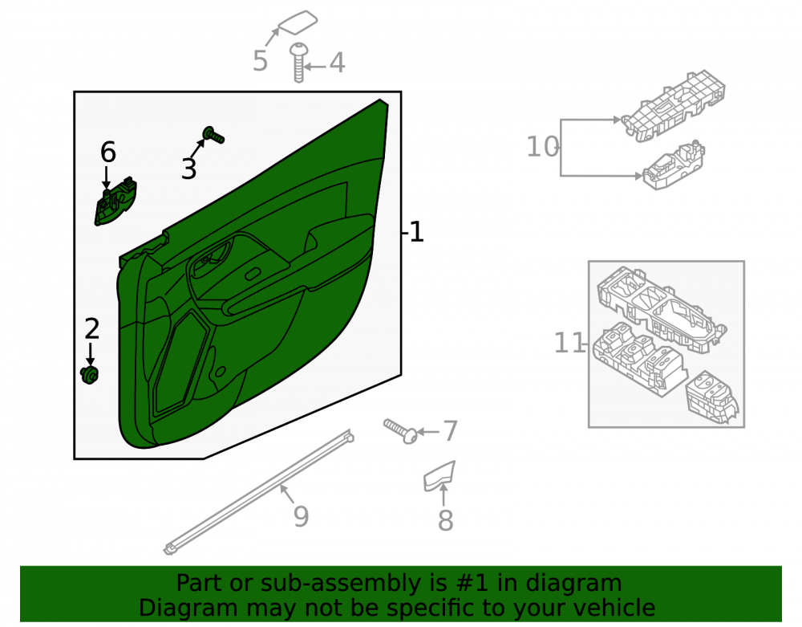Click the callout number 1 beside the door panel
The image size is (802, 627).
point(417,232)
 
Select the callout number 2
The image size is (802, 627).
point(92,328)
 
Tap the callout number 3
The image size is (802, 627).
point(188,169)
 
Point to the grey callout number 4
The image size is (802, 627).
point(337,63)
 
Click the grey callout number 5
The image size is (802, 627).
point(261,61)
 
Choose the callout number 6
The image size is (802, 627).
point(108,152)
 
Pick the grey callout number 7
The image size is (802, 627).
point(450,431)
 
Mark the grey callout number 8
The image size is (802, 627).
point(445,520)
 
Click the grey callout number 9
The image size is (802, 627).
point(302,516)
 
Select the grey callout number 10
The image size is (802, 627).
point(543,147)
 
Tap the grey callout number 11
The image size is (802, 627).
point(569,343)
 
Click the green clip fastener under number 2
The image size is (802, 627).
point(90,375)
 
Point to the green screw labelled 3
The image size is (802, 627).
point(214,135)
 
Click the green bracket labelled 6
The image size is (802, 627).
point(115,202)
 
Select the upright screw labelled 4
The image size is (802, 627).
point(298,63)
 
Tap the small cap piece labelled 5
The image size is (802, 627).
point(298,22)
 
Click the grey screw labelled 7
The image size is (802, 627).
point(401,431)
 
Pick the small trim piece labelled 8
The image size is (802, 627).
point(439,476)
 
